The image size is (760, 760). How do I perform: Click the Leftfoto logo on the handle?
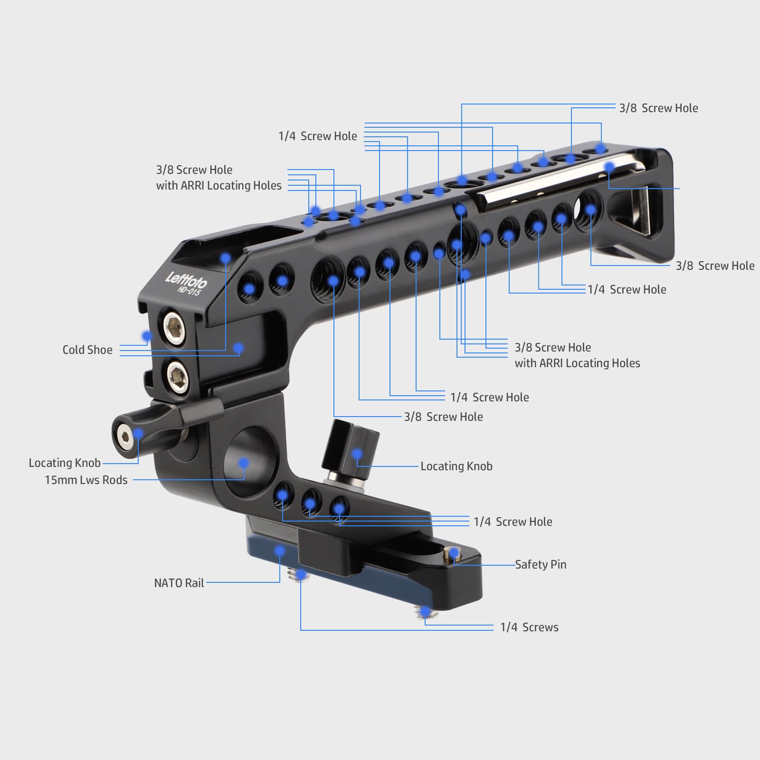(x=186, y=280)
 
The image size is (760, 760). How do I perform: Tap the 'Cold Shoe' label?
(x=87, y=350)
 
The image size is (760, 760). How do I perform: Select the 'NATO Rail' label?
(x=179, y=583)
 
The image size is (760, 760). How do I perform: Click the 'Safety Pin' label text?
(x=541, y=564)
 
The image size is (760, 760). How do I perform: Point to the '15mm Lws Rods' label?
(x=86, y=480)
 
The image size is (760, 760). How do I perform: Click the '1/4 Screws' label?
(x=529, y=627)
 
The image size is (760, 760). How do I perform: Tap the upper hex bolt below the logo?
(x=174, y=327)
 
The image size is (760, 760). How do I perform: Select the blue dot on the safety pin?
(x=454, y=553)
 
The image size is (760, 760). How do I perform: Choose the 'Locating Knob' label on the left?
(x=65, y=463)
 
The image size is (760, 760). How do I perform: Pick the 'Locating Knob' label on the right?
(x=456, y=466)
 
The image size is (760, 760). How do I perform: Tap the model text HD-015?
(x=189, y=290)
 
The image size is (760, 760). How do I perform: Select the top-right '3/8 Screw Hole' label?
(x=658, y=108)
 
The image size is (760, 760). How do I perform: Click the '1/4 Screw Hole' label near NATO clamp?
(x=513, y=522)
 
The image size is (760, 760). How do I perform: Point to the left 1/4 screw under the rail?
(x=300, y=576)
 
